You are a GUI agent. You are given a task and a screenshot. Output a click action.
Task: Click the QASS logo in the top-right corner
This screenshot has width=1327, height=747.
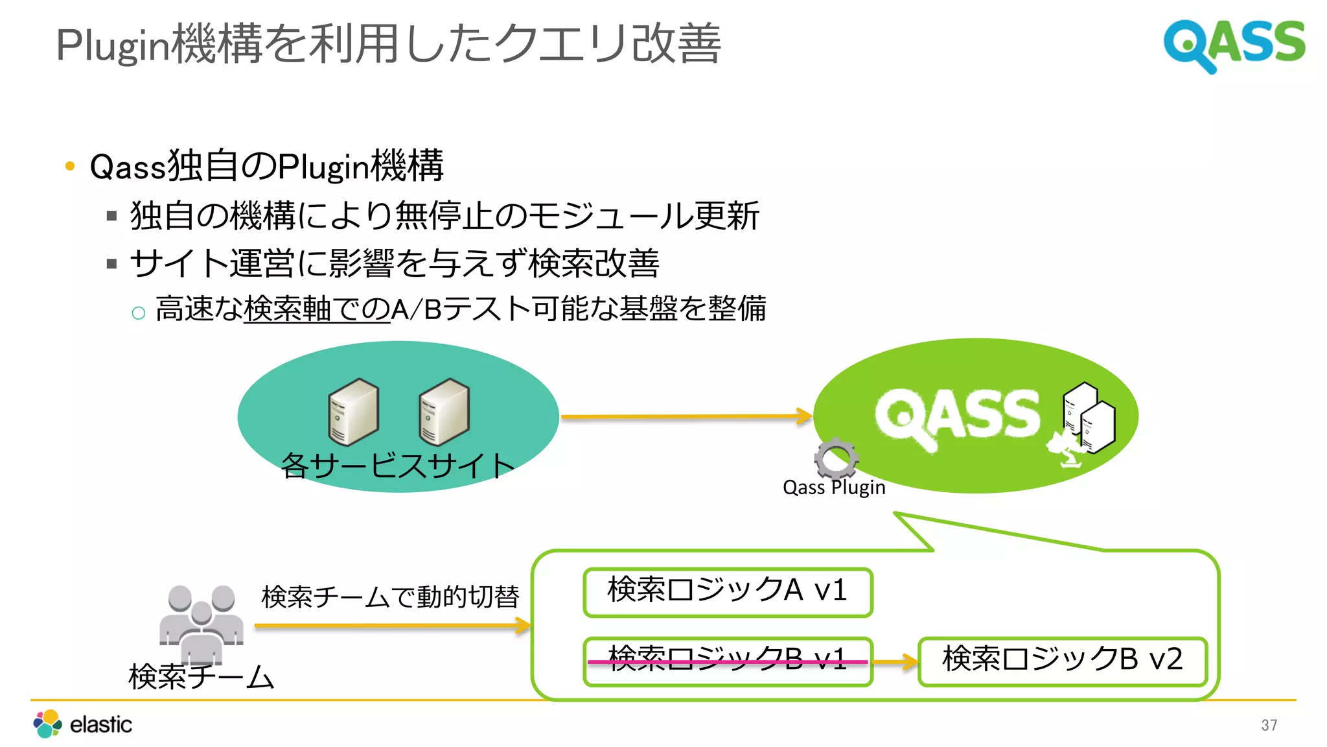pyautogui.click(x=1234, y=44)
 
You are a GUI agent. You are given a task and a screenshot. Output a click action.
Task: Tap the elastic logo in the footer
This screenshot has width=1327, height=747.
pyautogui.click(x=83, y=724)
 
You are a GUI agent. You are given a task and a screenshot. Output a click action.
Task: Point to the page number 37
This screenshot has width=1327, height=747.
pyautogui.click(x=1269, y=725)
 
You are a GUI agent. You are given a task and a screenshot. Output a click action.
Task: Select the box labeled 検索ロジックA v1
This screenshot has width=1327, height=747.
pyautogui.click(x=727, y=591)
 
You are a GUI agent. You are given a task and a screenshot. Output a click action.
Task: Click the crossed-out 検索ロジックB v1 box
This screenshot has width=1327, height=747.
pyautogui.click(x=727, y=661)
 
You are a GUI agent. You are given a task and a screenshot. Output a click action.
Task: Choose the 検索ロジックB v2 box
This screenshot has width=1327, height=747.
pyautogui.click(x=1062, y=661)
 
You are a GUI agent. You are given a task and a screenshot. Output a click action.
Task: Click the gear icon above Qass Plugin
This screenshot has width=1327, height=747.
pyautogui.click(x=836, y=458)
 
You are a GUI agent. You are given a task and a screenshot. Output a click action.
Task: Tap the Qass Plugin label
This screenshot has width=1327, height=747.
pyautogui.click(x=834, y=488)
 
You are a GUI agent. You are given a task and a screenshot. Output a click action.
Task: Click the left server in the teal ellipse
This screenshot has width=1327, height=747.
pyautogui.click(x=353, y=412)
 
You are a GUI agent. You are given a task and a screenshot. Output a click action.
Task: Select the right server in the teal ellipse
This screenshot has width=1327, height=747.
pyautogui.click(x=444, y=412)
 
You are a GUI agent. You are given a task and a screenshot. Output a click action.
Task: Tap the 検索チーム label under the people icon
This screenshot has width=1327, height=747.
pyautogui.click(x=202, y=677)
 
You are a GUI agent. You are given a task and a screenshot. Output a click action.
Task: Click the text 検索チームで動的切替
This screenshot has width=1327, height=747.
pyautogui.click(x=390, y=597)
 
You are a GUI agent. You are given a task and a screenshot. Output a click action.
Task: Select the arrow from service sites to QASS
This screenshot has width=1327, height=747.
pyautogui.click(x=686, y=417)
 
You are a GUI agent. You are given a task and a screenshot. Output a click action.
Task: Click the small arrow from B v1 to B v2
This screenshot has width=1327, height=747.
pyautogui.click(x=895, y=662)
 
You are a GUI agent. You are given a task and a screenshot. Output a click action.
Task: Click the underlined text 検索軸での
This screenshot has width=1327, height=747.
pyautogui.click(x=317, y=309)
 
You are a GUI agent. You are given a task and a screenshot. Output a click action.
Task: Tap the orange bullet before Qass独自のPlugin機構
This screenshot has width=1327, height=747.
pyautogui.click(x=70, y=166)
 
